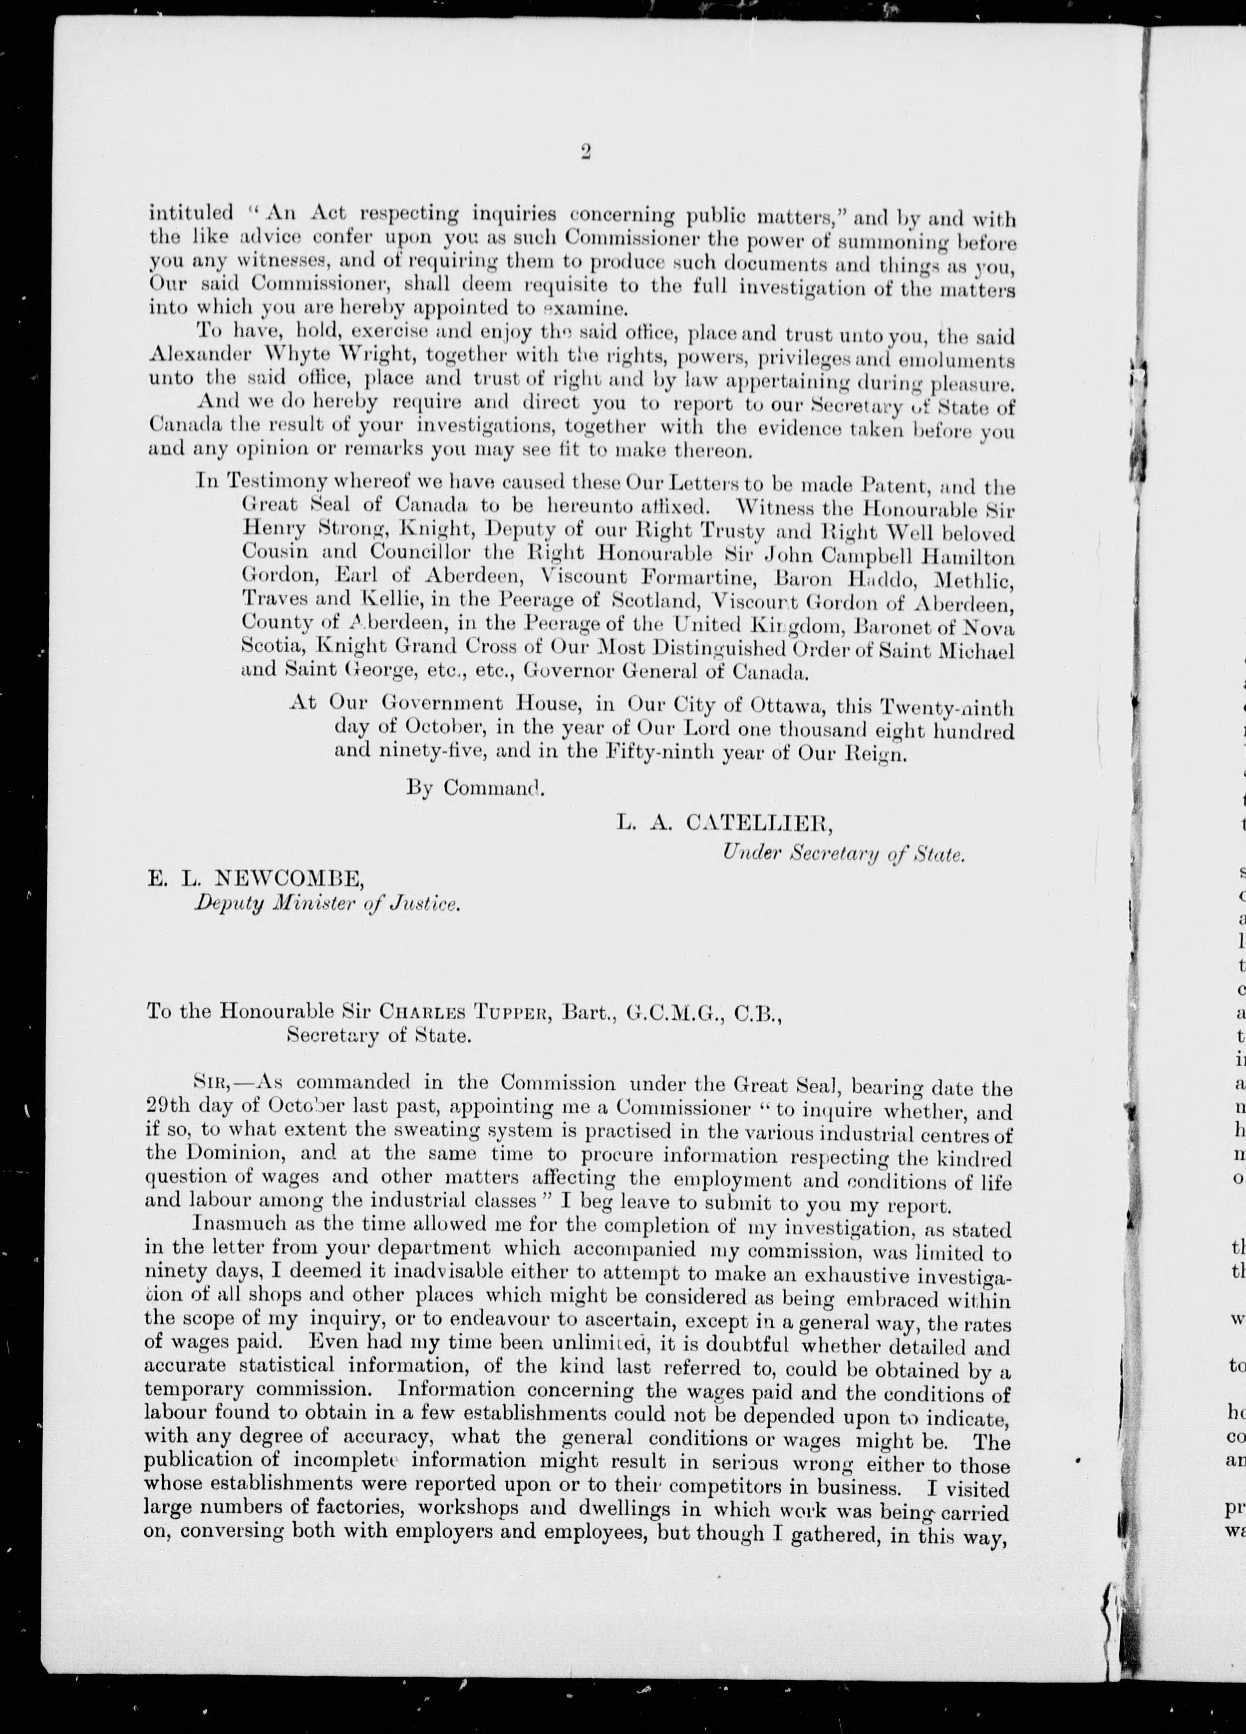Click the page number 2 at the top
pyautogui.click(x=586, y=152)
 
